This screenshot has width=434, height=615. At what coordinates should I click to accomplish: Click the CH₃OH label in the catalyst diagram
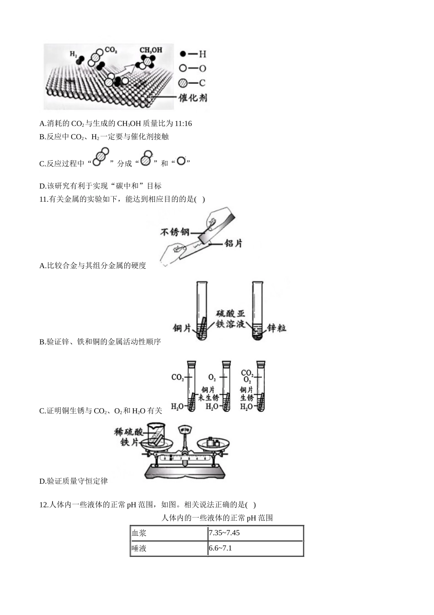coord(151,50)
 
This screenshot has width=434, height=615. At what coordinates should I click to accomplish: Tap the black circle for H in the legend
coord(183,54)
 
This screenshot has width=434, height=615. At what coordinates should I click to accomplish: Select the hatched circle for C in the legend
coord(183,83)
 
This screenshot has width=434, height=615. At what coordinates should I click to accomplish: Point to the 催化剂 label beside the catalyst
coord(193,97)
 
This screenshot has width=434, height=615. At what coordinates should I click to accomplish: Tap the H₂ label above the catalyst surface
coord(73,54)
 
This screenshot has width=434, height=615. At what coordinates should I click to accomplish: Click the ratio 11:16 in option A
coord(183,124)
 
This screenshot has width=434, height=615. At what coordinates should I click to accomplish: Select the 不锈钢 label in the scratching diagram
coord(175,232)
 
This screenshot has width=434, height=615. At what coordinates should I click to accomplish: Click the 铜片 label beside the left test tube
coord(181,328)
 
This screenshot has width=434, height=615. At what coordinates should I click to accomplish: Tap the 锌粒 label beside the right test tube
coord(277,328)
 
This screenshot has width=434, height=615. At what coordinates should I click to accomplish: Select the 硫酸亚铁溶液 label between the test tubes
coord(230,319)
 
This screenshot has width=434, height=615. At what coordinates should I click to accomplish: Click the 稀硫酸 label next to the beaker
coord(128,432)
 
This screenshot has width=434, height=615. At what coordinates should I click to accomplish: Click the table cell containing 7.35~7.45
coord(255,533)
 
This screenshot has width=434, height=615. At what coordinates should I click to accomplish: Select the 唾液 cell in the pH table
coord(169,549)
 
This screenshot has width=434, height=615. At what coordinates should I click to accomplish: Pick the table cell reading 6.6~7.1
coord(255,549)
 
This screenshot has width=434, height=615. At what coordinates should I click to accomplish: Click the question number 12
coord(43,505)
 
